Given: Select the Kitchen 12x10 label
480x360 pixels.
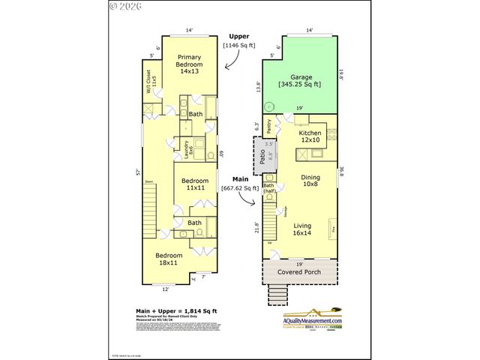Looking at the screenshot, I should coord(310,136).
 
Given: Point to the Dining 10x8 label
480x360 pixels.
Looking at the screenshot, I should coord(310,181).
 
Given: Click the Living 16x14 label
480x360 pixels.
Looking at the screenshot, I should coord(302,229).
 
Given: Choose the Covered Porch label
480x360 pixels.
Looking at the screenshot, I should coord(299,271).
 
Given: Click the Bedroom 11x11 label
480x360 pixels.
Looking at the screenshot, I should coord(195,184).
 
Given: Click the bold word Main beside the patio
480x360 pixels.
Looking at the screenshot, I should coord(240,179).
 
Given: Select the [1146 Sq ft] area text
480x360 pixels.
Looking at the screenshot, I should coord(238,45).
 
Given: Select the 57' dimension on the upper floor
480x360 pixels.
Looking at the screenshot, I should coord(137,172).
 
